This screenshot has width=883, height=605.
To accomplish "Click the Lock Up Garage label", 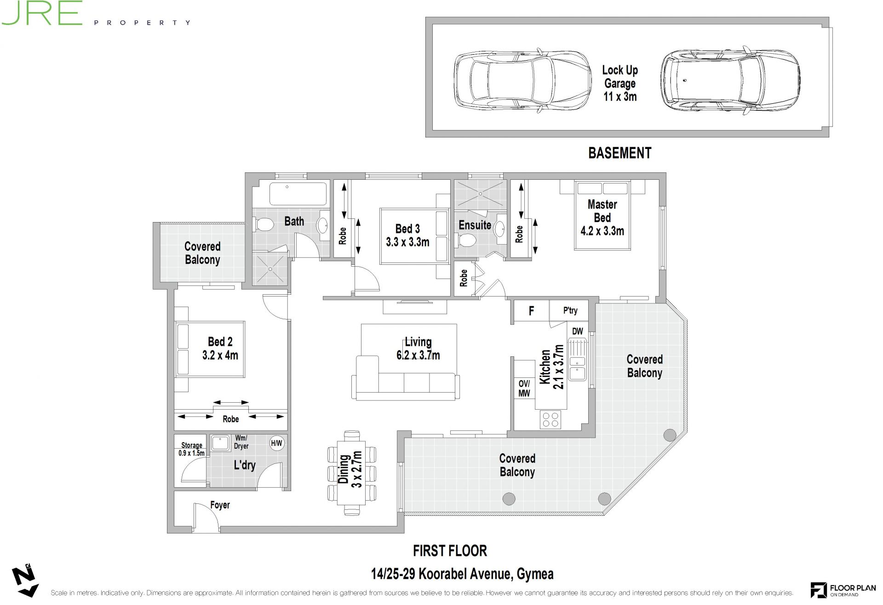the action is point(620,83).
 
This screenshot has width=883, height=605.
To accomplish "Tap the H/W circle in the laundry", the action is point(276,443).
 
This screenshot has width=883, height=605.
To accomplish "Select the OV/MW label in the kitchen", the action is point(524,388).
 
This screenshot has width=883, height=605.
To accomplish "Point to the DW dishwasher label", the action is point(578,331).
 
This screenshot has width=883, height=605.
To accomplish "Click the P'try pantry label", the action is point(570,310).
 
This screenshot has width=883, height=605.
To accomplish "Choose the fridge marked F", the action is point(531,311).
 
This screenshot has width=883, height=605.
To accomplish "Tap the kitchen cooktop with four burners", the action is point(550,419).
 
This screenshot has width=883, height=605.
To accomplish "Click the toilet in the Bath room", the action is point(264,225).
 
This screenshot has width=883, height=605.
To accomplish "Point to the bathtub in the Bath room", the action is point(298,194).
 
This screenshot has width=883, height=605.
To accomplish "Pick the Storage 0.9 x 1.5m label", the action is point(192,449).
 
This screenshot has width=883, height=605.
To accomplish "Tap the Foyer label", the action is point(220,505).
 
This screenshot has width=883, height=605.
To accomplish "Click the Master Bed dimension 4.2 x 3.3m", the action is point(602,231).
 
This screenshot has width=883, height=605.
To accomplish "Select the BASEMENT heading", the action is point(619,153).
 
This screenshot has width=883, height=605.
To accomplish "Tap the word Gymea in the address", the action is point(535,574).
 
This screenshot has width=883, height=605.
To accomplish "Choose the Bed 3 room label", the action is point(407,235).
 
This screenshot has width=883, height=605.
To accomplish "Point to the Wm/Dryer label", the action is point(241,442).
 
